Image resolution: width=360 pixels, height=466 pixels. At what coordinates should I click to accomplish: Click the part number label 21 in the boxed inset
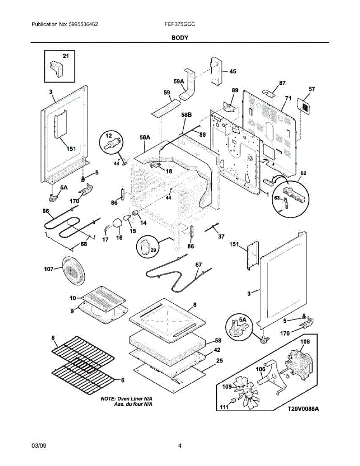pos(66,56)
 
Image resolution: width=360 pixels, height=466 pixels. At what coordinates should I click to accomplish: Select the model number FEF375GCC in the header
pos(180,24)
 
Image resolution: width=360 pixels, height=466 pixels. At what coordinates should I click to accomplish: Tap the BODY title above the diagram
pos(180,38)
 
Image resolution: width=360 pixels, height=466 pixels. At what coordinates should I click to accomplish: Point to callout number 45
pos(233,71)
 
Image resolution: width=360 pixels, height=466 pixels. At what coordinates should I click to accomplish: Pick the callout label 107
pos(49,269)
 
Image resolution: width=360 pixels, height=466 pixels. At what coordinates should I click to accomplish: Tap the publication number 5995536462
pos(83,24)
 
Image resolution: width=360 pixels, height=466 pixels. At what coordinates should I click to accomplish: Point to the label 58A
pos(145,137)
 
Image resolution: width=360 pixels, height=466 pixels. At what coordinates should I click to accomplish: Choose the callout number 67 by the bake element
pos(198,264)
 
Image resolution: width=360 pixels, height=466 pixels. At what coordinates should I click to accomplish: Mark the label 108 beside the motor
pos(305,341)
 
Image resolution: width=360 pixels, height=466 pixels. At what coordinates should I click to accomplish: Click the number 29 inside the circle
pos(153,250)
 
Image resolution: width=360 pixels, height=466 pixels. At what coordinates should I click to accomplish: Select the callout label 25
pos(219,361)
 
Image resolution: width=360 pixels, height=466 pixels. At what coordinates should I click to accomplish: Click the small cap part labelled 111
pos(233,400)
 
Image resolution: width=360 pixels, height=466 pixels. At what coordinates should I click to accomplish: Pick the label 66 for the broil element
pos(46,211)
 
